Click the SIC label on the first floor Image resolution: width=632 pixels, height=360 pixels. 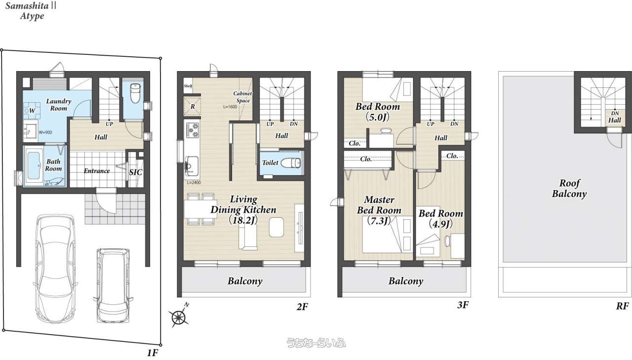click(x=136, y=172)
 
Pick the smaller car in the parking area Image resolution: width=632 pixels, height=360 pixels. click(x=113, y=285)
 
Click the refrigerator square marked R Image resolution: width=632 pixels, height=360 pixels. click(x=192, y=106)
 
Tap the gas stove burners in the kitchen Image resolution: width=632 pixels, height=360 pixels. click(x=192, y=130)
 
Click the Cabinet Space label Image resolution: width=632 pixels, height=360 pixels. click(x=242, y=97)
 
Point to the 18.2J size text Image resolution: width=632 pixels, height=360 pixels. click(x=243, y=220)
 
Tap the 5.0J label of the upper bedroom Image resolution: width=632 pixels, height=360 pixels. click(x=378, y=117)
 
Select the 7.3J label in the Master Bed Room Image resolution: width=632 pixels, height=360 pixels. click(x=379, y=221)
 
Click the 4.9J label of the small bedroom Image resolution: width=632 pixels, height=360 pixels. click(x=441, y=224)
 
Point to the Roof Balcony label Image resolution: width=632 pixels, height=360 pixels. click(x=569, y=189)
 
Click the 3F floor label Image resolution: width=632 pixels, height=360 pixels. click(x=463, y=305)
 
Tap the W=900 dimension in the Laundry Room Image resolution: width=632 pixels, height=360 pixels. click(x=45, y=132)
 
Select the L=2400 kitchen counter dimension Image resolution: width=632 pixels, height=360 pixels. click(x=194, y=183)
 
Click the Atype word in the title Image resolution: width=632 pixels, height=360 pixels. click(x=32, y=16)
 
